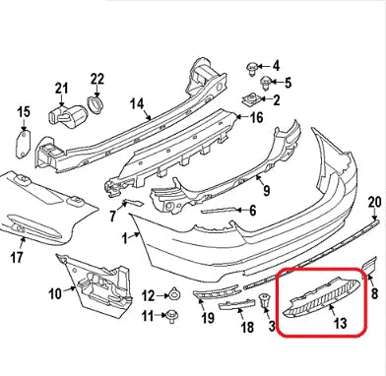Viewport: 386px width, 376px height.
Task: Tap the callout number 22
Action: [x=97, y=78]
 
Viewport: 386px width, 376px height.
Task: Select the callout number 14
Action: [x=137, y=102]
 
